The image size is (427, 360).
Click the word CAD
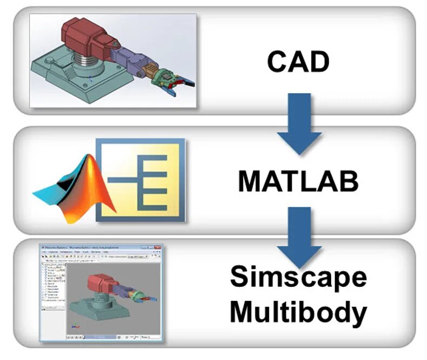tap(298, 62)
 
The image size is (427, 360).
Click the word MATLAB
tap(298, 182)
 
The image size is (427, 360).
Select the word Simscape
tap(298, 277)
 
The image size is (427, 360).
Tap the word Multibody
tap(298, 312)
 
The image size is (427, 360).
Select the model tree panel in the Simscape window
tap(52, 292)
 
